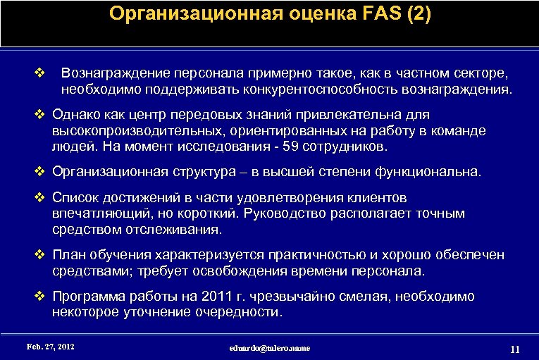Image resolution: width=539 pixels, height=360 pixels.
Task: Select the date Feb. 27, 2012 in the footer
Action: point(50,347)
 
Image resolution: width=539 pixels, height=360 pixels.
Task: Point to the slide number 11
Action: point(514,349)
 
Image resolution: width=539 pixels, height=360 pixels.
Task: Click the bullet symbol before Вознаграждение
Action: point(40,73)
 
